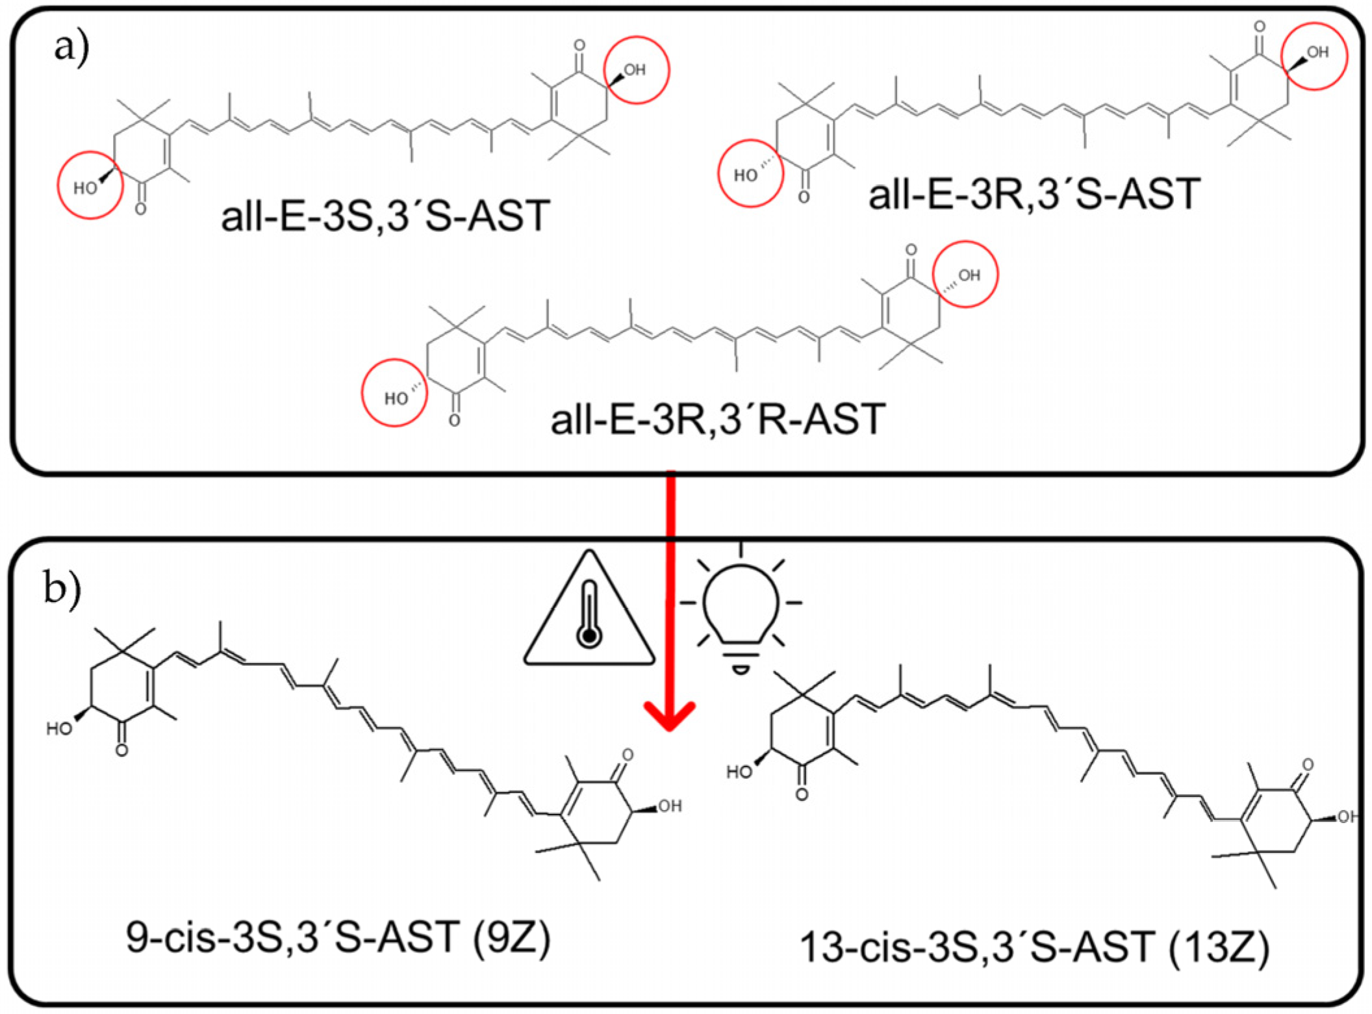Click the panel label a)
coord(71,47)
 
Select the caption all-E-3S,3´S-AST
coord(385,216)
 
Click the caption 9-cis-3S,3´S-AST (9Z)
coord(338,938)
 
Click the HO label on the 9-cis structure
coord(59,729)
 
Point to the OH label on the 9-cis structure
coord(670,806)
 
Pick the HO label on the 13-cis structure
coord(739,772)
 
